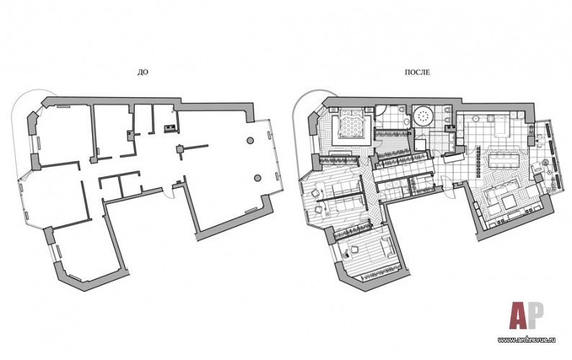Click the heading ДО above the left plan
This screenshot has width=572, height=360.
pyautogui.click(x=143, y=72)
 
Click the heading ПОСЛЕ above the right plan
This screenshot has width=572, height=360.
pyautogui.click(x=417, y=72)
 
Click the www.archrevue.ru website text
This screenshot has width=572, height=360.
pyautogui.click(x=527, y=340)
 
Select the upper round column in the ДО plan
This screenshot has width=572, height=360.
pyautogui.click(x=250, y=140)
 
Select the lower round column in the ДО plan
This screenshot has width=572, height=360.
pyautogui.click(x=258, y=178)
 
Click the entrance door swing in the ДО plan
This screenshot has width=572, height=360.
pyautogui.click(x=167, y=193)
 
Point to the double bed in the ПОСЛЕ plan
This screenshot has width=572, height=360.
pyautogui.click(x=351, y=123)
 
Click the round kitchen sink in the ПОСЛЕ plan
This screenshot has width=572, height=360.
pyautogui.click(x=476, y=118)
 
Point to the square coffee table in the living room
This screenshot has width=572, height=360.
pyautogui.click(x=507, y=202)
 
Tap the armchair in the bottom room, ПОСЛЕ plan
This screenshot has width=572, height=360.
pyautogui.click(x=354, y=249)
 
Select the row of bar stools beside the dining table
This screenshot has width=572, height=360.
pyautogui.click(x=478, y=161)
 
